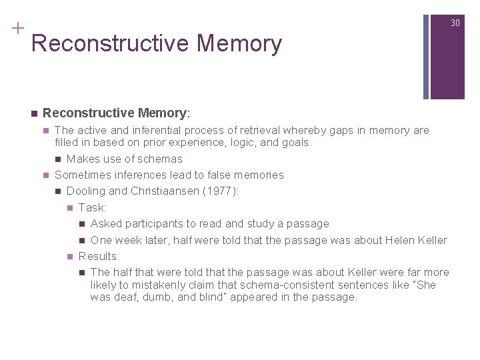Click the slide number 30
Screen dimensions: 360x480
coord(455,23)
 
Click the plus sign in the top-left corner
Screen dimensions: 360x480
coord(17,28)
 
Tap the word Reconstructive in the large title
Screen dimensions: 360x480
coord(110,43)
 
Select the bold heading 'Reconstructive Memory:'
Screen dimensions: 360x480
coord(116,113)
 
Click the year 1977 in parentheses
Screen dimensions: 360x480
coord(221,191)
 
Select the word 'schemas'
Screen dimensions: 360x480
coord(162,159)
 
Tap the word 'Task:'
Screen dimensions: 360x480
coord(92,207)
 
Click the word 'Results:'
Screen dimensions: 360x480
coord(99,256)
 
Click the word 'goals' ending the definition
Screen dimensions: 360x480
coord(296,142)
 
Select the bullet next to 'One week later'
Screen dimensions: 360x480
coord(82,240)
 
